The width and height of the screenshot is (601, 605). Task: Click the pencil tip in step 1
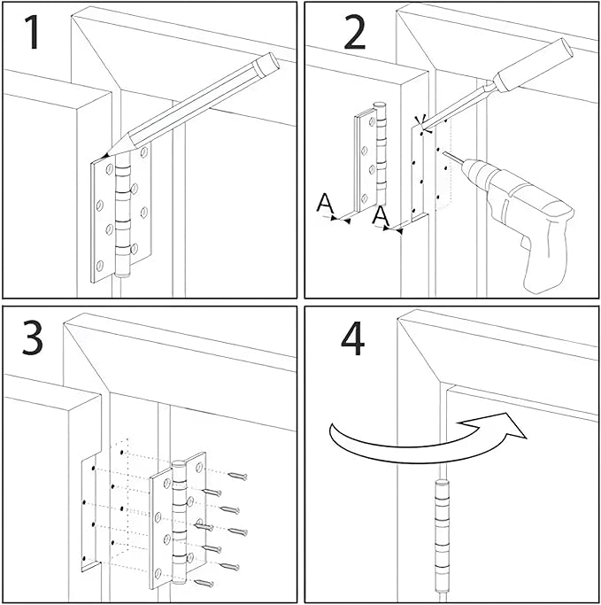pyautogui.click(x=107, y=154)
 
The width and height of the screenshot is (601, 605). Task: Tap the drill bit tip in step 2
pyautogui.click(x=442, y=153)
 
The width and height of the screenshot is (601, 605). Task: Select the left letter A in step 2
pyautogui.click(x=326, y=205)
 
